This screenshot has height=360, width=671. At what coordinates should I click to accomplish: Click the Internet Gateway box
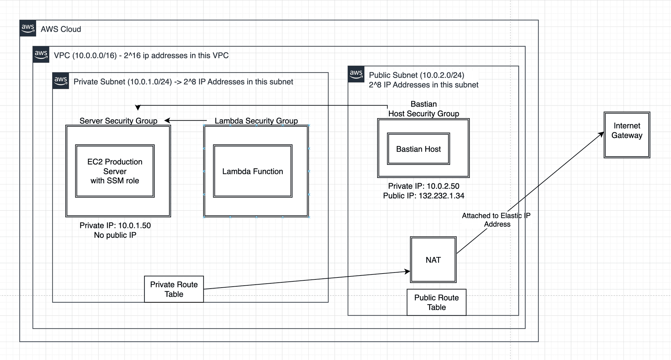[x=627, y=135]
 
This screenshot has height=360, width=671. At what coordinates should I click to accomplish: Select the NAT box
[x=433, y=259]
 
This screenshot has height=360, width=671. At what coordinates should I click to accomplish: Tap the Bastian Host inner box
[x=418, y=149]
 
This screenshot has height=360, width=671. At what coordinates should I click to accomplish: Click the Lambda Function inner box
[x=252, y=171]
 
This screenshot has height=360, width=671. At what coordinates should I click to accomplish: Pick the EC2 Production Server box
[x=115, y=171]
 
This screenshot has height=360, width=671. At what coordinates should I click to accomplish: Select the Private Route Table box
[x=174, y=289]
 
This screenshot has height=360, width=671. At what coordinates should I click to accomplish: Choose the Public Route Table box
[x=436, y=302]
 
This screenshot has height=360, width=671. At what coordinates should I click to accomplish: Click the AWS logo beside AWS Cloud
[x=28, y=28]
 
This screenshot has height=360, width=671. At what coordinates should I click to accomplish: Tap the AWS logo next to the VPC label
[x=41, y=54]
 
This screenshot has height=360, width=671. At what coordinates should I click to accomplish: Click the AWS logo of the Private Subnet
[x=61, y=81]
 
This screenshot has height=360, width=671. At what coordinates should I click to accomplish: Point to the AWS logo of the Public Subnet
[x=356, y=74]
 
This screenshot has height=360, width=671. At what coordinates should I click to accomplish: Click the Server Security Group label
[x=118, y=121]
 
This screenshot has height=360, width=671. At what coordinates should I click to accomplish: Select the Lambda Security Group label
[x=256, y=121]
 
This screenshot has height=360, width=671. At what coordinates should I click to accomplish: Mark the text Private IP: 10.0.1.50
[x=115, y=225]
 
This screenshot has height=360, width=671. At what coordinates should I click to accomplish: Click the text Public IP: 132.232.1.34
[x=424, y=196]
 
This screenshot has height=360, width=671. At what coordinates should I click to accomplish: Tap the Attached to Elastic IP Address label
[x=496, y=220]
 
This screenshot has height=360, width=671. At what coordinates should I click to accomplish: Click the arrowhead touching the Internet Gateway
[x=602, y=134]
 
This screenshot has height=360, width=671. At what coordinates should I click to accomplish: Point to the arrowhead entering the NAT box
[x=407, y=272]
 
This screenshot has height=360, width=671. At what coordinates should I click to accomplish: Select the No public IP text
[x=115, y=235]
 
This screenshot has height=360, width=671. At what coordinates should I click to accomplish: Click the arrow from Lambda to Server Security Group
[x=187, y=121]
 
